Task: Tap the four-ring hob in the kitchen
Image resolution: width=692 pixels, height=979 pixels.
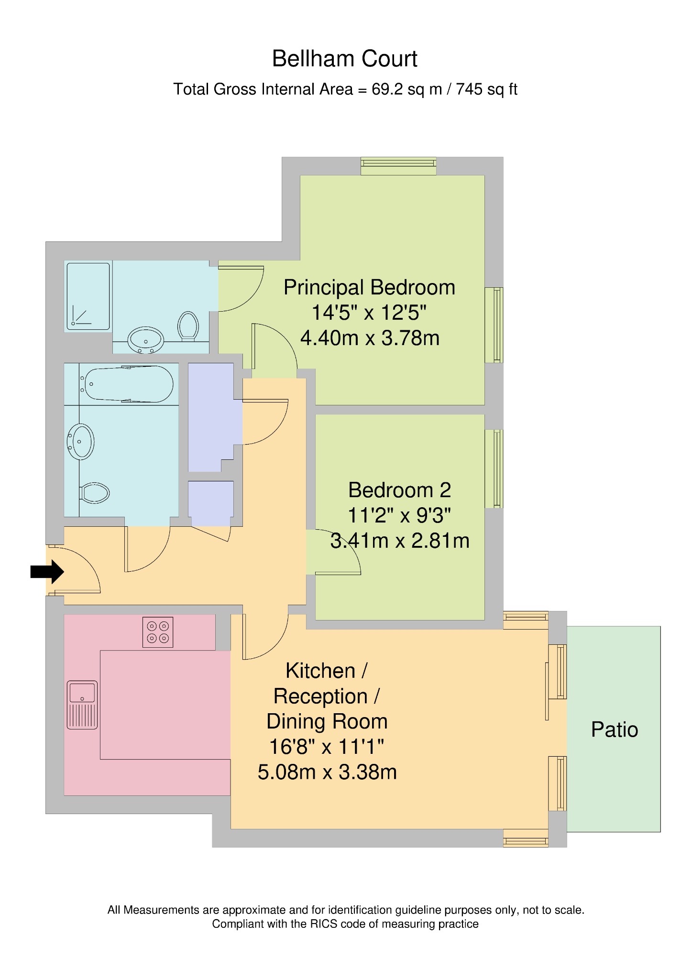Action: tap(158, 632)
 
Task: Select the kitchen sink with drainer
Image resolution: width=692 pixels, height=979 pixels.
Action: tap(82, 705)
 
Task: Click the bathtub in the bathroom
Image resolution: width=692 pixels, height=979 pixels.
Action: tap(130, 384)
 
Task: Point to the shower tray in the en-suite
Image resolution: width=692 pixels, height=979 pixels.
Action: tap(88, 296)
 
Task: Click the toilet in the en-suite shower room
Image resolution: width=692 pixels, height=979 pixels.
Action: tap(188, 326)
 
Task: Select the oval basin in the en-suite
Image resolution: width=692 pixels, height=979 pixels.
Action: tap(146, 340)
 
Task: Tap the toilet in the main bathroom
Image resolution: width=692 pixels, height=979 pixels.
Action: tap(95, 492)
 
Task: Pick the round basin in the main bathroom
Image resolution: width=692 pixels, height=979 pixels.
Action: tap(80, 441)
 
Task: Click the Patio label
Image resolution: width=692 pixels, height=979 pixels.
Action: tap(615, 730)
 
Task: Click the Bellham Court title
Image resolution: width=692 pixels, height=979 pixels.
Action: tap(344, 59)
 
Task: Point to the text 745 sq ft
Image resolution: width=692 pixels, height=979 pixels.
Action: tap(486, 89)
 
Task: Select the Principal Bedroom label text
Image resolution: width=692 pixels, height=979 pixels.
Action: tap(369, 287)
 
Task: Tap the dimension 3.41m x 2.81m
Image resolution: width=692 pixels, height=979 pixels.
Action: tap(400, 541)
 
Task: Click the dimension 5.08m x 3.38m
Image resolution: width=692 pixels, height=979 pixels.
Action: tap(327, 772)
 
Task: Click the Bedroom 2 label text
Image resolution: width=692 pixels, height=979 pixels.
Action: tap(399, 490)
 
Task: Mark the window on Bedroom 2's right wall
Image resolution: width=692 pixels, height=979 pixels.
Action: tap(494, 468)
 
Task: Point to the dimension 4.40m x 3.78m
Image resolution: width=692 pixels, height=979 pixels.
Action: tap(370, 338)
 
